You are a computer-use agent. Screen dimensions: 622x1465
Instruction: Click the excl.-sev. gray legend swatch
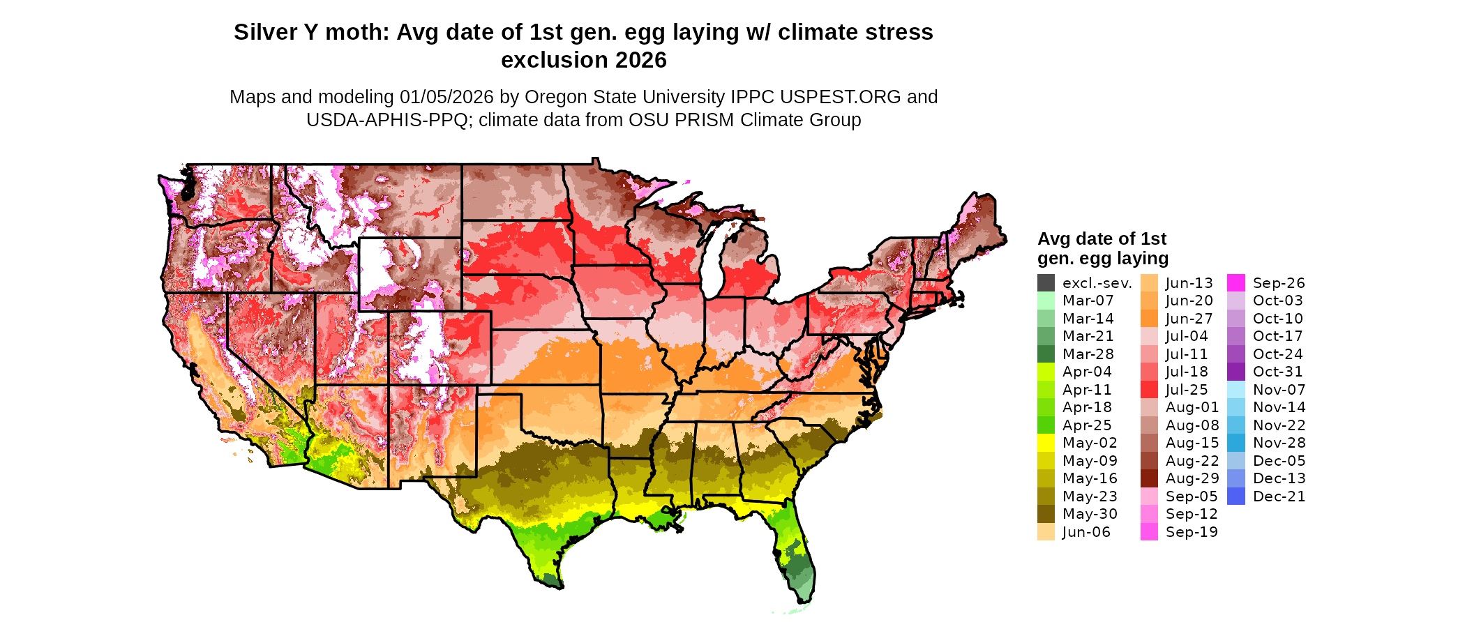click(1046, 283)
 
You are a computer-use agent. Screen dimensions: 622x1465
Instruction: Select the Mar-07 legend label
click(1088, 301)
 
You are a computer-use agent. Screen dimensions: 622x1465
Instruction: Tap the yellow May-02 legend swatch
click(1046, 443)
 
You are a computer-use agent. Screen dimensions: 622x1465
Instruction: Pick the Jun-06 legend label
click(1085, 532)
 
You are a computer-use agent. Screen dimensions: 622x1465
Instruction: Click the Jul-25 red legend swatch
click(1149, 390)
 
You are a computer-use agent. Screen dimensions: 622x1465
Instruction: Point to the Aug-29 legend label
click(1192, 478)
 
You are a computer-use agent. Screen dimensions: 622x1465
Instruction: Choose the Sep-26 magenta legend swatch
click(1235, 283)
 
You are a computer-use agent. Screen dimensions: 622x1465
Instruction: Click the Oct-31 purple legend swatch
click(1235, 372)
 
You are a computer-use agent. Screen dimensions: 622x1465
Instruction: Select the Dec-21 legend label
click(1279, 496)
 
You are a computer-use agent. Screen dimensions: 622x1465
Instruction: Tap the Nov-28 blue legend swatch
click(1235, 443)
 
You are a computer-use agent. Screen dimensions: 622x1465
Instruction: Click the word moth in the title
click(356, 32)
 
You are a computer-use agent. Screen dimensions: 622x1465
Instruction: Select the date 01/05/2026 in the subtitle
click(446, 97)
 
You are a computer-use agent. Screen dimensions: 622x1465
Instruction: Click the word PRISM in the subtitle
click(705, 120)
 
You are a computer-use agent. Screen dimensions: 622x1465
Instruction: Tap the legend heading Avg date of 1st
click(1102, 239)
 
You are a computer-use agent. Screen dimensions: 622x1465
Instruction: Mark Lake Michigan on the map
click(711, 258)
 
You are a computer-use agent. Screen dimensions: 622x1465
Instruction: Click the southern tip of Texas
click(551, 579)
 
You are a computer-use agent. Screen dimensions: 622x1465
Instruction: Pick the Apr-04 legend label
click(1087, 372)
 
